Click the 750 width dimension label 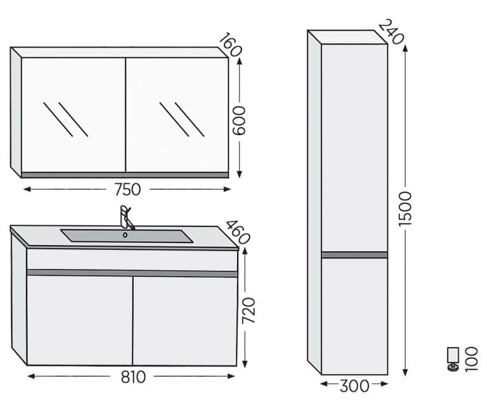click(127, 190)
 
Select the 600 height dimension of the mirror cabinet click(239, 121)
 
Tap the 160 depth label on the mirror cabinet click(230, 44)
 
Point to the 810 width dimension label click(133, 377)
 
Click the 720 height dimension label click(248, 310)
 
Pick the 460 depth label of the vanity click(238, 232)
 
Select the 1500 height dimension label click(405, 209)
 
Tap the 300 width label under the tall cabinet click(354, 386)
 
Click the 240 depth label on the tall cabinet click(391, 32)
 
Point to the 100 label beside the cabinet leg click(471, 359)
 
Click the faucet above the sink click(126, 218)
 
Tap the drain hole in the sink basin click(125, 235)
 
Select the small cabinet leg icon click(453, 359)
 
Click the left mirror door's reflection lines click(65, 119)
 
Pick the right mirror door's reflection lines click(182, 119)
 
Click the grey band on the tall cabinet click(354, 255)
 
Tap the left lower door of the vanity click(79, 320)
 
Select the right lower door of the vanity click(185, 321)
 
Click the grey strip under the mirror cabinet click(125, 175)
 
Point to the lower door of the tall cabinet click(354, 317)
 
